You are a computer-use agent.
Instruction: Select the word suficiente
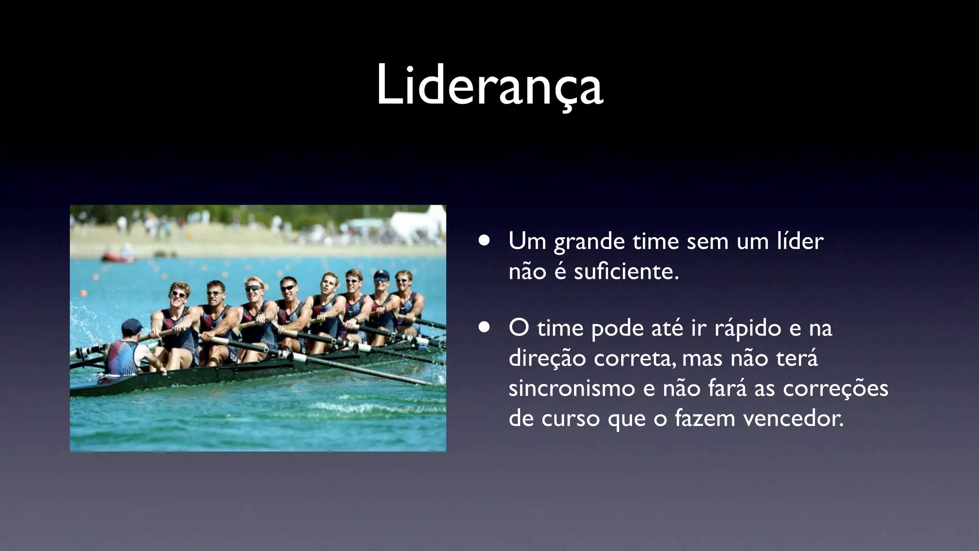coord(626,272)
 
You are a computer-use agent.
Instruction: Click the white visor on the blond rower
coord(252,288)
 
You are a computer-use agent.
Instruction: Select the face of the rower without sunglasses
coord(329,284)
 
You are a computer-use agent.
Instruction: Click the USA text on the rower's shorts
coord(233,356)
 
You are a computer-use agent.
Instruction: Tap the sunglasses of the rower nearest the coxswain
coord(178,294)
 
